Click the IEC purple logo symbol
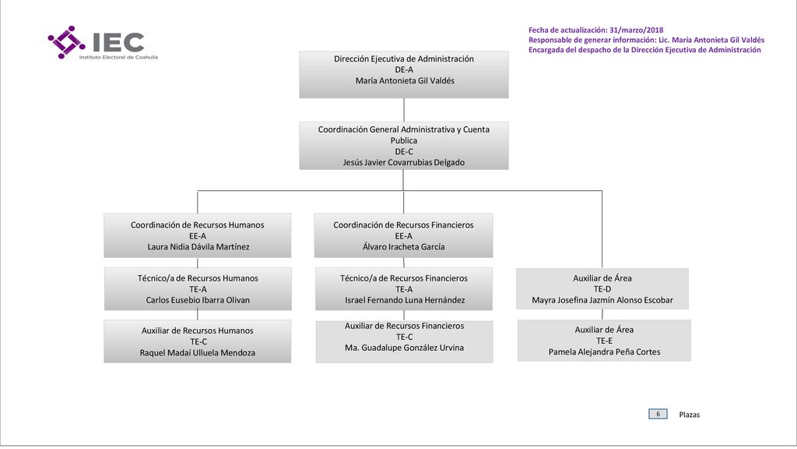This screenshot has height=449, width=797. click(x=67, y=42)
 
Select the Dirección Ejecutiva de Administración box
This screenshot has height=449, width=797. click(x=404, y=74)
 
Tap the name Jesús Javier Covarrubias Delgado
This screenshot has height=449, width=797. click(x=404, y=162)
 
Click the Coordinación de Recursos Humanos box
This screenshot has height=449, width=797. click(x=197, y=235)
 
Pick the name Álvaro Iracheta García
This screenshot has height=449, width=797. click(x=404, y=247)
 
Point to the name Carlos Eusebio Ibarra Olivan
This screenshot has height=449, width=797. click(x=198, y=300)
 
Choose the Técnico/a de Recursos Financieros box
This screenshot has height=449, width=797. click(x=404, y=288)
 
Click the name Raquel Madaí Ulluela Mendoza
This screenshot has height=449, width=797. click(x=198, y=353)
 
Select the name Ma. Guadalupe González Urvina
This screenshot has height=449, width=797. click(x=404, y=348)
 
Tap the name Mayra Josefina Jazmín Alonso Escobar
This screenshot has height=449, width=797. click(x=602, y=300)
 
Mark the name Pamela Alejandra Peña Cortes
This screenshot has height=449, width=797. click(x=604, y=352)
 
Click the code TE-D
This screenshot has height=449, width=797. click(x=602, y=289)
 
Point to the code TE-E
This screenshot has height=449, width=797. click(x=604, y=341)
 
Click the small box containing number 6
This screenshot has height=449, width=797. click(x=658, y=414)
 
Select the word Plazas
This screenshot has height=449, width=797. click(x=690, y=415)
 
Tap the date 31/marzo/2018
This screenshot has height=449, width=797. click(x=637, y=30)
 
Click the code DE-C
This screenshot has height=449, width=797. click(x=404, y=152)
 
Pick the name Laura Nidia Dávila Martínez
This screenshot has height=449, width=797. click(x=198, y=247)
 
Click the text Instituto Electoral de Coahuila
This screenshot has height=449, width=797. click(x=118, y=57)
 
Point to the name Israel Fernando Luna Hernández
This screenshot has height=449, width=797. click(x=405, y=300)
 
